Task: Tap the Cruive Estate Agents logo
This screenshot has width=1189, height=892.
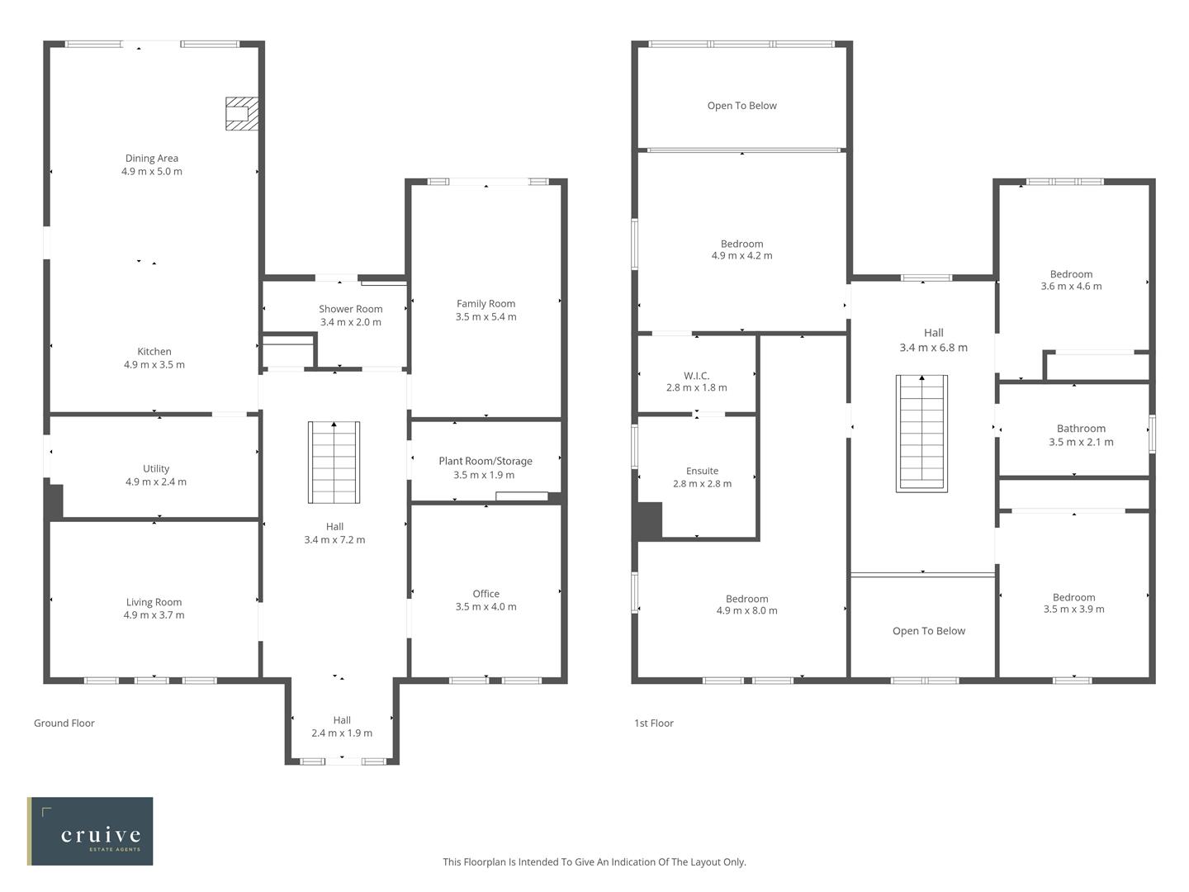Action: (x=90, y=831)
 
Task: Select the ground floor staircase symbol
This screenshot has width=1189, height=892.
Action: (x=334, y=462)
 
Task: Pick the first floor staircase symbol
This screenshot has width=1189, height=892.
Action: (x=921, y=433)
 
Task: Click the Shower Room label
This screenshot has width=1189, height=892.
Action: (x=351, y=309)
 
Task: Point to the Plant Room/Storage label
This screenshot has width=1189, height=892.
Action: (x=486, y=461)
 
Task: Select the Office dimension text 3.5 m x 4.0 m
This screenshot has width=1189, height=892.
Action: (x=486, y=607)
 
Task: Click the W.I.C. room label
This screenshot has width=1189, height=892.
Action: (x=697, y=376)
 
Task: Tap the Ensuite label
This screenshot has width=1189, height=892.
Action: (x=702, y=471)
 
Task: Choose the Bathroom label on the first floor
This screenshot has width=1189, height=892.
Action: (x=1081, y=429)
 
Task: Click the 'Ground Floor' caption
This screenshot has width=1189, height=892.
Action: (x=64, y=724)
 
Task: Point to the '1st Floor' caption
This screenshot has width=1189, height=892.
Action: (x=654, y=724)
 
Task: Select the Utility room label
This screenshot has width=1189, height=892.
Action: (x=156, y=468)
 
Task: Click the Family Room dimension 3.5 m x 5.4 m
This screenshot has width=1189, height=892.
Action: (x=486, y=317)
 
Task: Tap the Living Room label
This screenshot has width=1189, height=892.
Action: (x=154, y=602)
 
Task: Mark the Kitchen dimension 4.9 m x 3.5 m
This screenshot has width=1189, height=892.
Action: (x=154, y=365)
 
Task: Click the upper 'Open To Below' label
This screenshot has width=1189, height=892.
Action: (x=741, y=106)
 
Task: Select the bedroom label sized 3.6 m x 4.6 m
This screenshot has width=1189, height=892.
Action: (x=1071, y=274)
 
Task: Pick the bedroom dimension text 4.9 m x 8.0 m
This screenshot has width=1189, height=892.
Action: (x=746, y=611)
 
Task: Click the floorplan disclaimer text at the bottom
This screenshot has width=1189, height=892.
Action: (x=594, y=862)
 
